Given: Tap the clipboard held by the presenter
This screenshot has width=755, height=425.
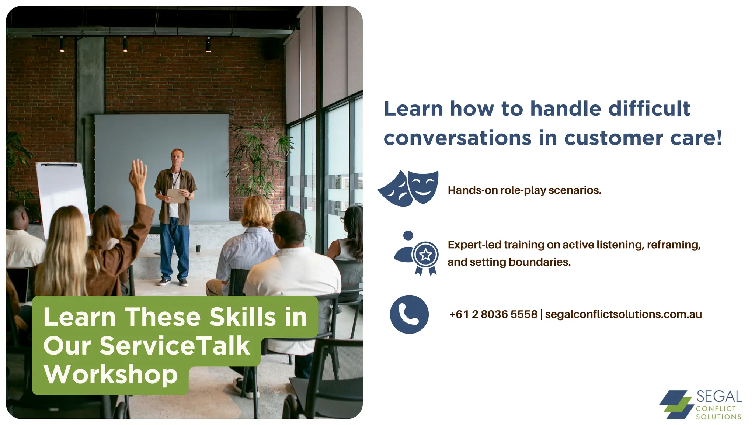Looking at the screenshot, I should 176,196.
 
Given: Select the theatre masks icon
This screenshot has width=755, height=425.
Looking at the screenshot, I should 408,188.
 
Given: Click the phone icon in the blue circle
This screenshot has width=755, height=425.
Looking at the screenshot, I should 409,314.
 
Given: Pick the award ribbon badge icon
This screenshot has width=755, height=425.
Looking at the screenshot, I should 425,256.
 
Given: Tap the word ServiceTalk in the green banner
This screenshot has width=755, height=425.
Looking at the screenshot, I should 175,346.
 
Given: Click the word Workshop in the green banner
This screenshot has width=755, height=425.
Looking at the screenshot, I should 111,374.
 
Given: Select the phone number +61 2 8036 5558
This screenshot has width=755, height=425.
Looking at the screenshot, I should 493,314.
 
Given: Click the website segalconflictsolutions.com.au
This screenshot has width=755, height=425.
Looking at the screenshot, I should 623,314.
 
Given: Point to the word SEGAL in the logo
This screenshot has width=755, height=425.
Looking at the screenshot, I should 719,397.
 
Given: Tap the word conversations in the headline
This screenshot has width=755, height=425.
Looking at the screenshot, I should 457,138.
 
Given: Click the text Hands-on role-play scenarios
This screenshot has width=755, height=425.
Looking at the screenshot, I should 524,190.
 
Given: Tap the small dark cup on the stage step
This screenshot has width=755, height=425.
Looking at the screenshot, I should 198,249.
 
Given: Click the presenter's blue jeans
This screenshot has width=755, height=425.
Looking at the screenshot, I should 175,247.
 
